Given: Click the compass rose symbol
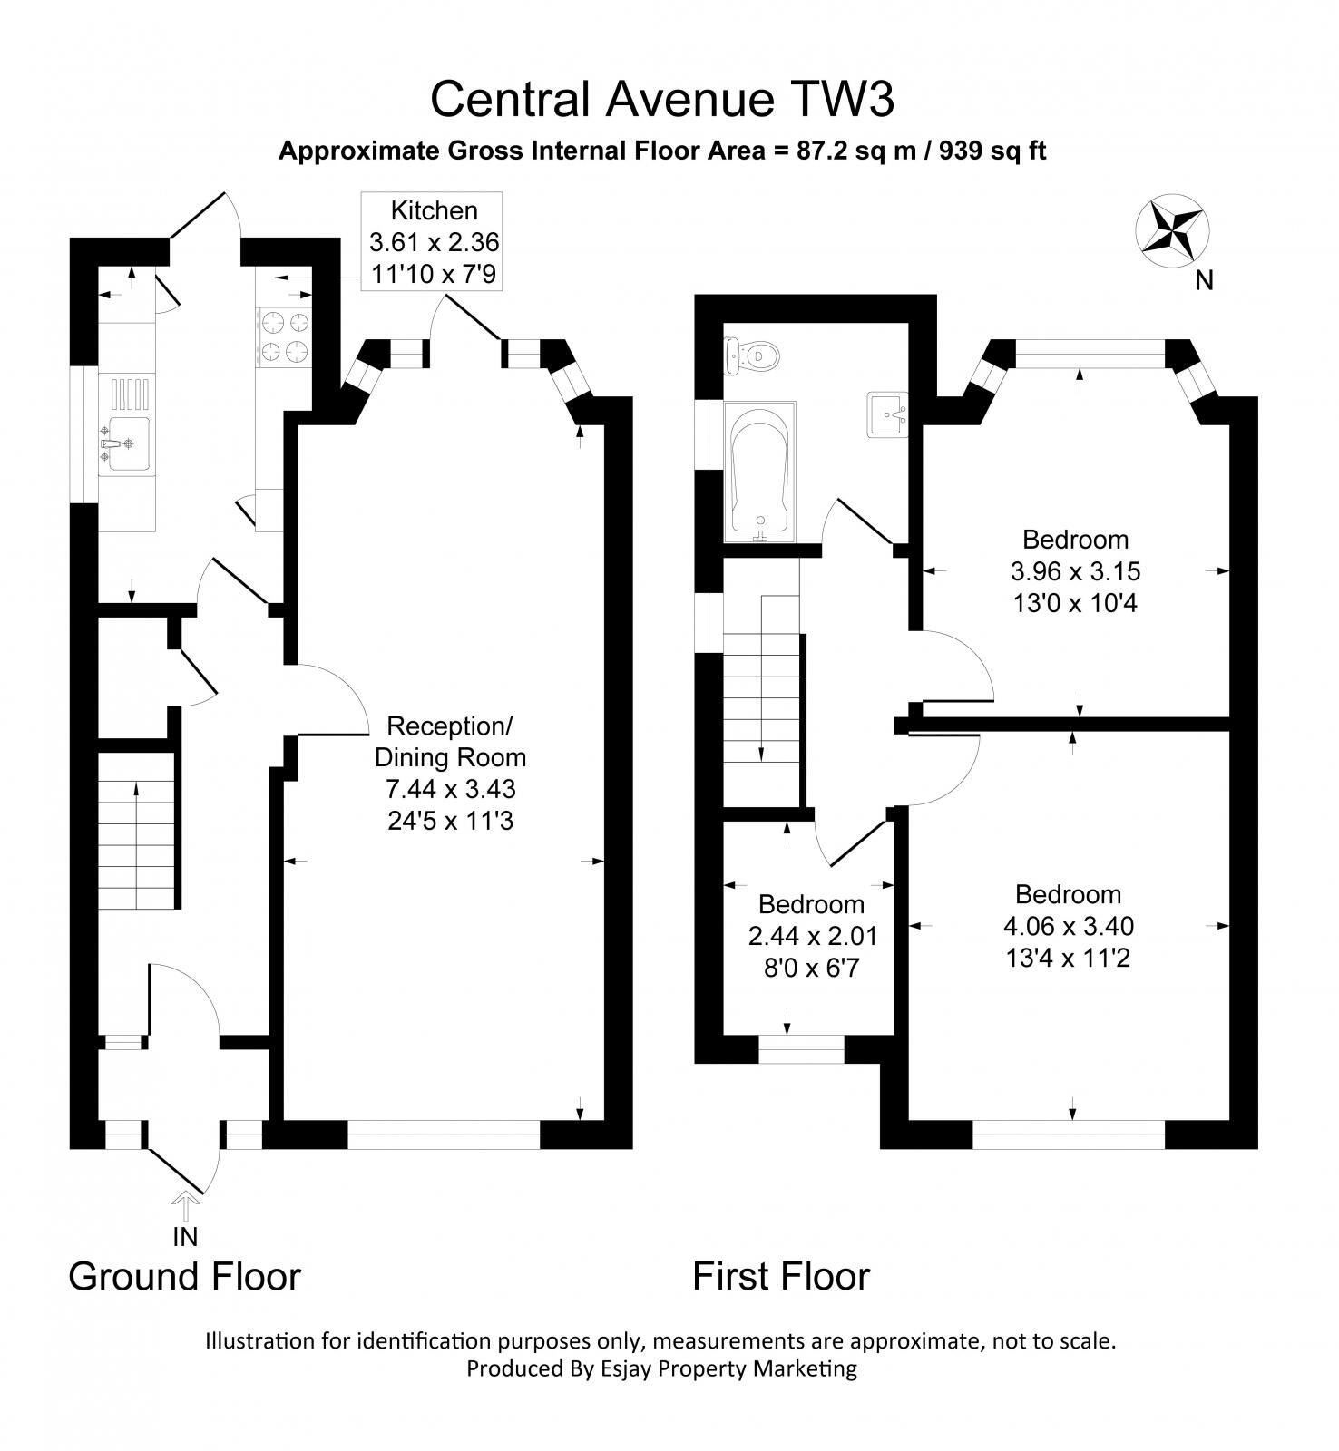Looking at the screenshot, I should (1173, 230).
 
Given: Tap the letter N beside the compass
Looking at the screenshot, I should (1204, 281).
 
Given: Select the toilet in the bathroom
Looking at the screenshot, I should (752, 355).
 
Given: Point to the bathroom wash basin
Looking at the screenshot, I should (886, 415).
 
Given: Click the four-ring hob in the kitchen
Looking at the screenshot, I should (285, 336).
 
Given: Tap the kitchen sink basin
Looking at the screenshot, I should (124, 443).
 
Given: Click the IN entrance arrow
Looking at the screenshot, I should (185, 1209).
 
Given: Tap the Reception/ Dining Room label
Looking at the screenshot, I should (450, 741).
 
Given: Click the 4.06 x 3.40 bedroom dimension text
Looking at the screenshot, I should (1068, 926).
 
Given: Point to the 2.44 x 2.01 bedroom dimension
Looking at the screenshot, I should (812, 936).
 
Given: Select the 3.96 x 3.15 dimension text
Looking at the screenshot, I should (1075, 571).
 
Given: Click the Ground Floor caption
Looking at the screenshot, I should (184, 1276).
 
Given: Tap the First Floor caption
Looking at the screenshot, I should (781, 1276).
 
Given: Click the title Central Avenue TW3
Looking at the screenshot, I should (662, 99).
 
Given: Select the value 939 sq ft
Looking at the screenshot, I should (992, 151).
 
